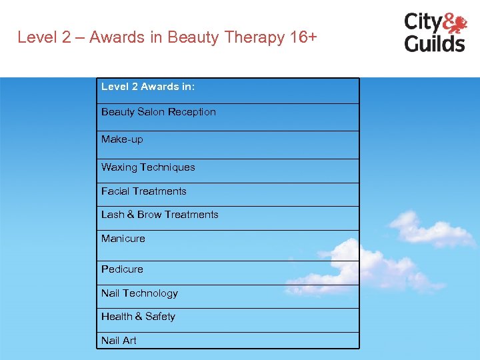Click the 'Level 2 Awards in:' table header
[x=148, y=87]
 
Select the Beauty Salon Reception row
[x=159, y=112]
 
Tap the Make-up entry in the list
[x=122, y=139]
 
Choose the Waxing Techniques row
[x=148, y=167]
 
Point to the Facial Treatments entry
[x=144, y=191]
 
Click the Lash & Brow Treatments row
[x=160, y=215]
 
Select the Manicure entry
[x=123, y=239]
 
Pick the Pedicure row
[x=122, y=269]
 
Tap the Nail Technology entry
[x=139, y=293]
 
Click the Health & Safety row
[x=138, y=317]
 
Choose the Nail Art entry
[x=119, y=341]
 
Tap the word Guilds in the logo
[x=435, y=43]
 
